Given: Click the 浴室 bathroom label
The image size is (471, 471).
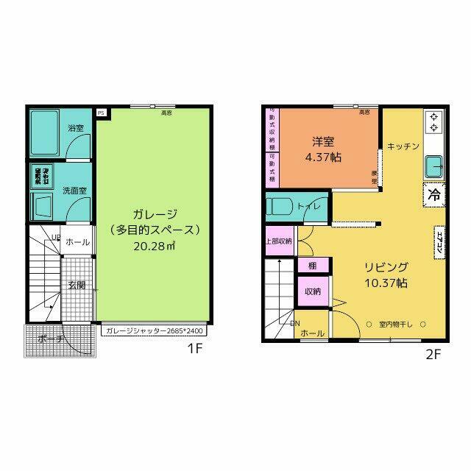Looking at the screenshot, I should tap(76, 128).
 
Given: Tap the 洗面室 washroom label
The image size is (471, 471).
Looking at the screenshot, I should tap(74, 191).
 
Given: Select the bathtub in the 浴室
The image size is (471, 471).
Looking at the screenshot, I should tap(46, 133).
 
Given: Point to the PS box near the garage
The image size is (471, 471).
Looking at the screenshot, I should tap(101, 113).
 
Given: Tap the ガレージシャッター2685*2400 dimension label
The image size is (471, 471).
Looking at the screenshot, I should tap(155, 331).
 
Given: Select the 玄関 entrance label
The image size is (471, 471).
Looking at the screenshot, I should tap(77, 285).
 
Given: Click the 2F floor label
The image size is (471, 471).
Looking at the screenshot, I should tap(433, 355).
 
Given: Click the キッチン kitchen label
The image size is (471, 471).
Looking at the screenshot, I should tap(403, 146).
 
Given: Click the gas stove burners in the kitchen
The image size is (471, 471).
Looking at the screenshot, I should tap(433, 123).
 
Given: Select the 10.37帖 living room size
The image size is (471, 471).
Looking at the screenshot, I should tap(385, 283).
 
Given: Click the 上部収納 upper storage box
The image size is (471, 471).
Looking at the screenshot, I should tap(278, 241).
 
